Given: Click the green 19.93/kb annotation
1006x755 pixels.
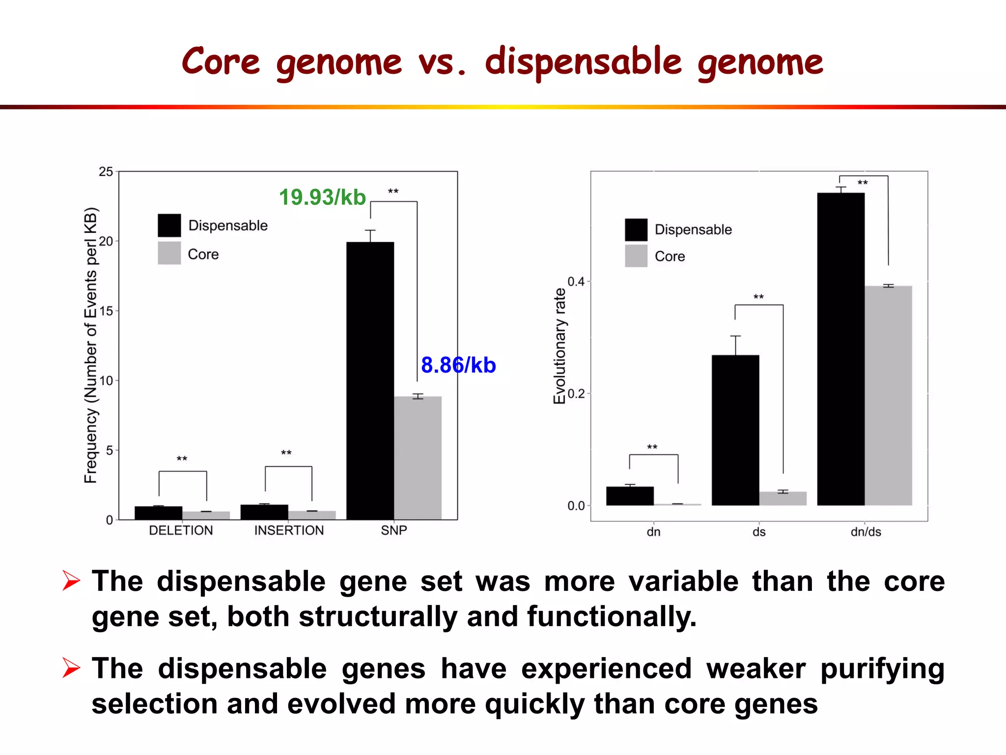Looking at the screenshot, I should (322, 198).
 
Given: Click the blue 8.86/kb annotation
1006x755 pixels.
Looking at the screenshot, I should (458, 365).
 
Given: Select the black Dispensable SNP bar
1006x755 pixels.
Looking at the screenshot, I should (370, 380).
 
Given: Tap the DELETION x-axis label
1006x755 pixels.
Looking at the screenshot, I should (181, 530).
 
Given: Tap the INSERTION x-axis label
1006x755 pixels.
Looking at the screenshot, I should (289, 530).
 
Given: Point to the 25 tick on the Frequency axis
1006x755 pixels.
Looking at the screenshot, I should (106, 172).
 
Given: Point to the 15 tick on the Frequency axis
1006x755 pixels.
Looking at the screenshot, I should (106, 311).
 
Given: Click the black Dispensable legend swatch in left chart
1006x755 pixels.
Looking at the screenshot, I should (169, 226).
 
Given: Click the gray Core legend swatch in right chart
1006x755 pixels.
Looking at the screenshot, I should (636, 256).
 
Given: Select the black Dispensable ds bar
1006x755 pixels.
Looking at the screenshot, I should (735, 430).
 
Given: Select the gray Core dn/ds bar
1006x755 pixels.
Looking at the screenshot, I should (888, 395).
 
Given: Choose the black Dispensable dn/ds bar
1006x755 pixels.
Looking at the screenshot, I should (840, 349).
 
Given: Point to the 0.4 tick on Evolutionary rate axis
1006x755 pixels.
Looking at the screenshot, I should (576, 282).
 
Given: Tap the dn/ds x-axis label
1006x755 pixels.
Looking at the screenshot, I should (866, 532).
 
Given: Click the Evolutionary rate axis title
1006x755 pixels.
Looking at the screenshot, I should (559, 346).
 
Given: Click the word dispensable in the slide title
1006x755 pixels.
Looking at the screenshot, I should (584, 62).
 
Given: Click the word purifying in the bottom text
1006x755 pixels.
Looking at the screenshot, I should (882, 669).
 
